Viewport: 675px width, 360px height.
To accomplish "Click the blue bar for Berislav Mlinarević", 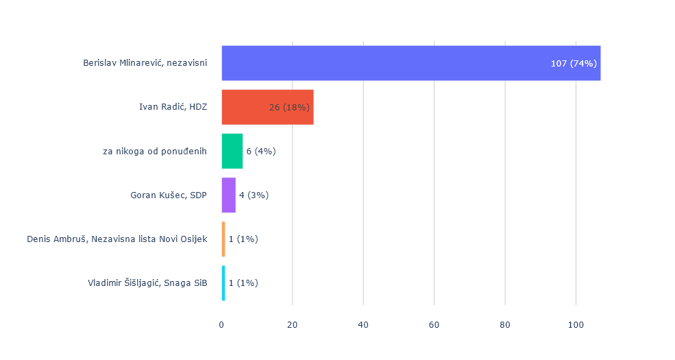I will (x=384, y=63).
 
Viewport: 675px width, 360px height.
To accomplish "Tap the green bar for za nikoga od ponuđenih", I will (x=232, y=151).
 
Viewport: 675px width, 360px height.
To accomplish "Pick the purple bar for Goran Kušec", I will (x=228, y=195).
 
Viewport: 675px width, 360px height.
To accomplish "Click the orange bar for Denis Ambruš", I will (x=223, y=239).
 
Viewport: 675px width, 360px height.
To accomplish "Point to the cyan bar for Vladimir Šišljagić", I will (x=223, y=283).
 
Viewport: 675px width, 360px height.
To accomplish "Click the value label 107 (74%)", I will (x=574, y=64).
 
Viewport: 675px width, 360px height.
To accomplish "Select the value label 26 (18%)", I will (x=290, y=108).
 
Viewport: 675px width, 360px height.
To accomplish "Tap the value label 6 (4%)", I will (x=260, y=152).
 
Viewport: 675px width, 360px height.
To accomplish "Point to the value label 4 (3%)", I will (x=254, y=195).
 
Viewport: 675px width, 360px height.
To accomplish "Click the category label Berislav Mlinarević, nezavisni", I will (x=145, y=63).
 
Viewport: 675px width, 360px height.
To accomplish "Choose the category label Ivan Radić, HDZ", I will (x=173, y=107).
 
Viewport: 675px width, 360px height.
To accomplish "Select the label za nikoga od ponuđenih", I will (x=154, y=151).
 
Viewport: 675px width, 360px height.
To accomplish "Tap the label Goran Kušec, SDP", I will (x=169, y=195).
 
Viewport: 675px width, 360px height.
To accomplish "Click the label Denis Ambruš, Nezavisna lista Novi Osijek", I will (x=116, y=239).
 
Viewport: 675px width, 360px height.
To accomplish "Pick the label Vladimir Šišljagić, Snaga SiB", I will (x=147, y=283).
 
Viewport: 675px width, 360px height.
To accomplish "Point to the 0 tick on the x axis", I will (x=221, y=324).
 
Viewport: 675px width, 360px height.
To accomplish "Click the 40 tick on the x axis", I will (x=363, y=324).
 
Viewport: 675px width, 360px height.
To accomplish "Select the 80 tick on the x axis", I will (x=505, y=324).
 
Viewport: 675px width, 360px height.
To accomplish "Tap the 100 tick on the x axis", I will (x=576, y=324).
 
